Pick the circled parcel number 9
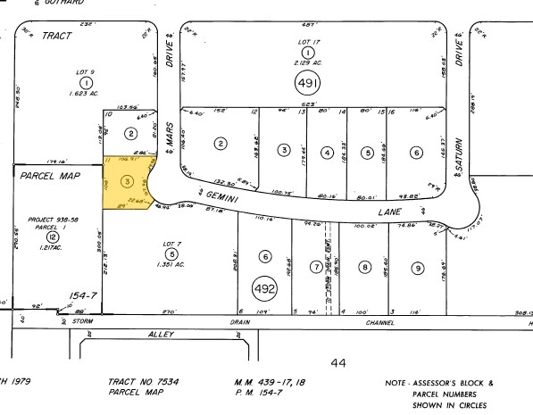[x=417, y=267]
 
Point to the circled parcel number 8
[x=364, y=266]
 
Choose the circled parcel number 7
[x=314, y=267]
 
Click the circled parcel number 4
[x=328, y=153]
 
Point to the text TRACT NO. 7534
[x=143, y=381]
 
